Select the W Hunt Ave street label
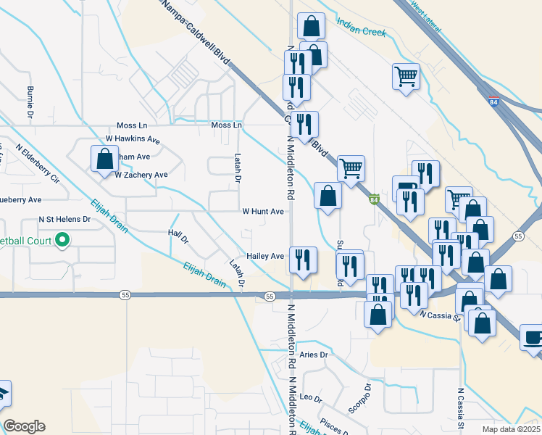click(x=263, y=212)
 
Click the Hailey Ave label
click(x=265, y=256)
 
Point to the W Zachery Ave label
click(x=141, y=175)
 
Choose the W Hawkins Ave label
click(x=133, y=138)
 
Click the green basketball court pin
click(x=62, y=239)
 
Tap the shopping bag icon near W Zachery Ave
click(x=104, y=158)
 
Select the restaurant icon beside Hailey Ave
click(x=302, y=259)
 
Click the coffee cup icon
click(x=533, y=338)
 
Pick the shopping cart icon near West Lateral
click(x=406, y=75)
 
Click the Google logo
click(x=24, y=426)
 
